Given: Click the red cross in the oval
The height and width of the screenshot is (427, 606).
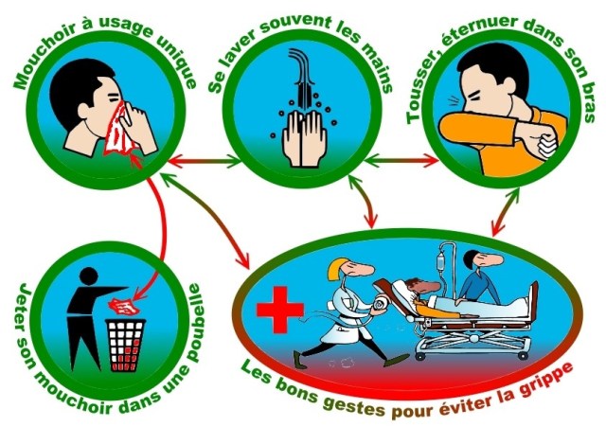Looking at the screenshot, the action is click(280, 310).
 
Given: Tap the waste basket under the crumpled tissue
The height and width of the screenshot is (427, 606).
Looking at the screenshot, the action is click(126, 345).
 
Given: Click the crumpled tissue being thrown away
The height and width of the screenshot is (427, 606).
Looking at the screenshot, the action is click(124, 306).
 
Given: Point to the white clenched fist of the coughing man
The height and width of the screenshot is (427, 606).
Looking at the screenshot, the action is click(548, 146).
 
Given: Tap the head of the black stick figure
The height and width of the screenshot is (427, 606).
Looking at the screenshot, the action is click(88, 276).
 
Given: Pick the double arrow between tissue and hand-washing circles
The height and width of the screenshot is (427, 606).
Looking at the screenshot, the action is click(205, 160).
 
